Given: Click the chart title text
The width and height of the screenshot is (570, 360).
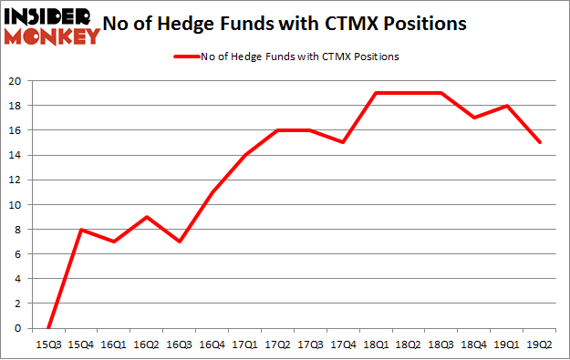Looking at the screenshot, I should point(302,24).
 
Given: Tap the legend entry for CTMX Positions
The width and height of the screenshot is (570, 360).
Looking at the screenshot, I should point(285,57).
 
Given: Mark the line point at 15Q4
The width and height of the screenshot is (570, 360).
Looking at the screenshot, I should point(82,230).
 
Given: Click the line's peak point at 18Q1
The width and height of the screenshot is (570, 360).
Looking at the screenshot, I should point(376,93).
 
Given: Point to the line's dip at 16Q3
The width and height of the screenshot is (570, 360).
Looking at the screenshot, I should point(181,242).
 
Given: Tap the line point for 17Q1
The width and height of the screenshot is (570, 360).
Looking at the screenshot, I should point(244,155).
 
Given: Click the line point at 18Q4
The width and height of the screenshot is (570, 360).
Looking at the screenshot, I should point(474,118).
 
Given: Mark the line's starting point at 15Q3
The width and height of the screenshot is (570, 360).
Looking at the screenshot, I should point(48,328).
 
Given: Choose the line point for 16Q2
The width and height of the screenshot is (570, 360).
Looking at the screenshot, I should point(148,217).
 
